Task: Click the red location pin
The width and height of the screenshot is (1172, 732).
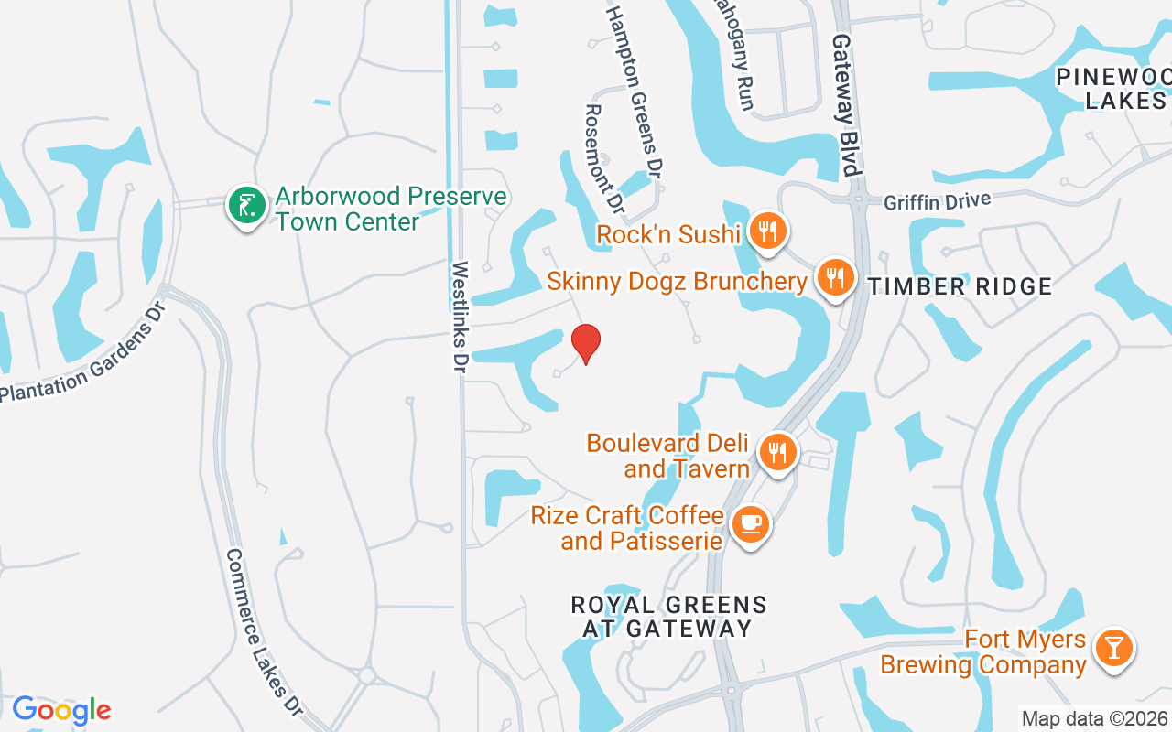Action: (586, 343)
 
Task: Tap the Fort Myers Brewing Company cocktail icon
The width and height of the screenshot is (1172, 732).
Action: (1113, 648)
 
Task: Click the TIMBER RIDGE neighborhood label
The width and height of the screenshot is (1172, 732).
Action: (960, 286)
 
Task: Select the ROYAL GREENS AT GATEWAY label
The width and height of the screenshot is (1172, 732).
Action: (668, 617)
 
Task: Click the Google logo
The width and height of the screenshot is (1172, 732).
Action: (61, 710)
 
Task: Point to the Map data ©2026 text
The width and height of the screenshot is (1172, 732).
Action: (1094, 718)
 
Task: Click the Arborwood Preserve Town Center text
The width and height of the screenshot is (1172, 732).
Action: (391, 209)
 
